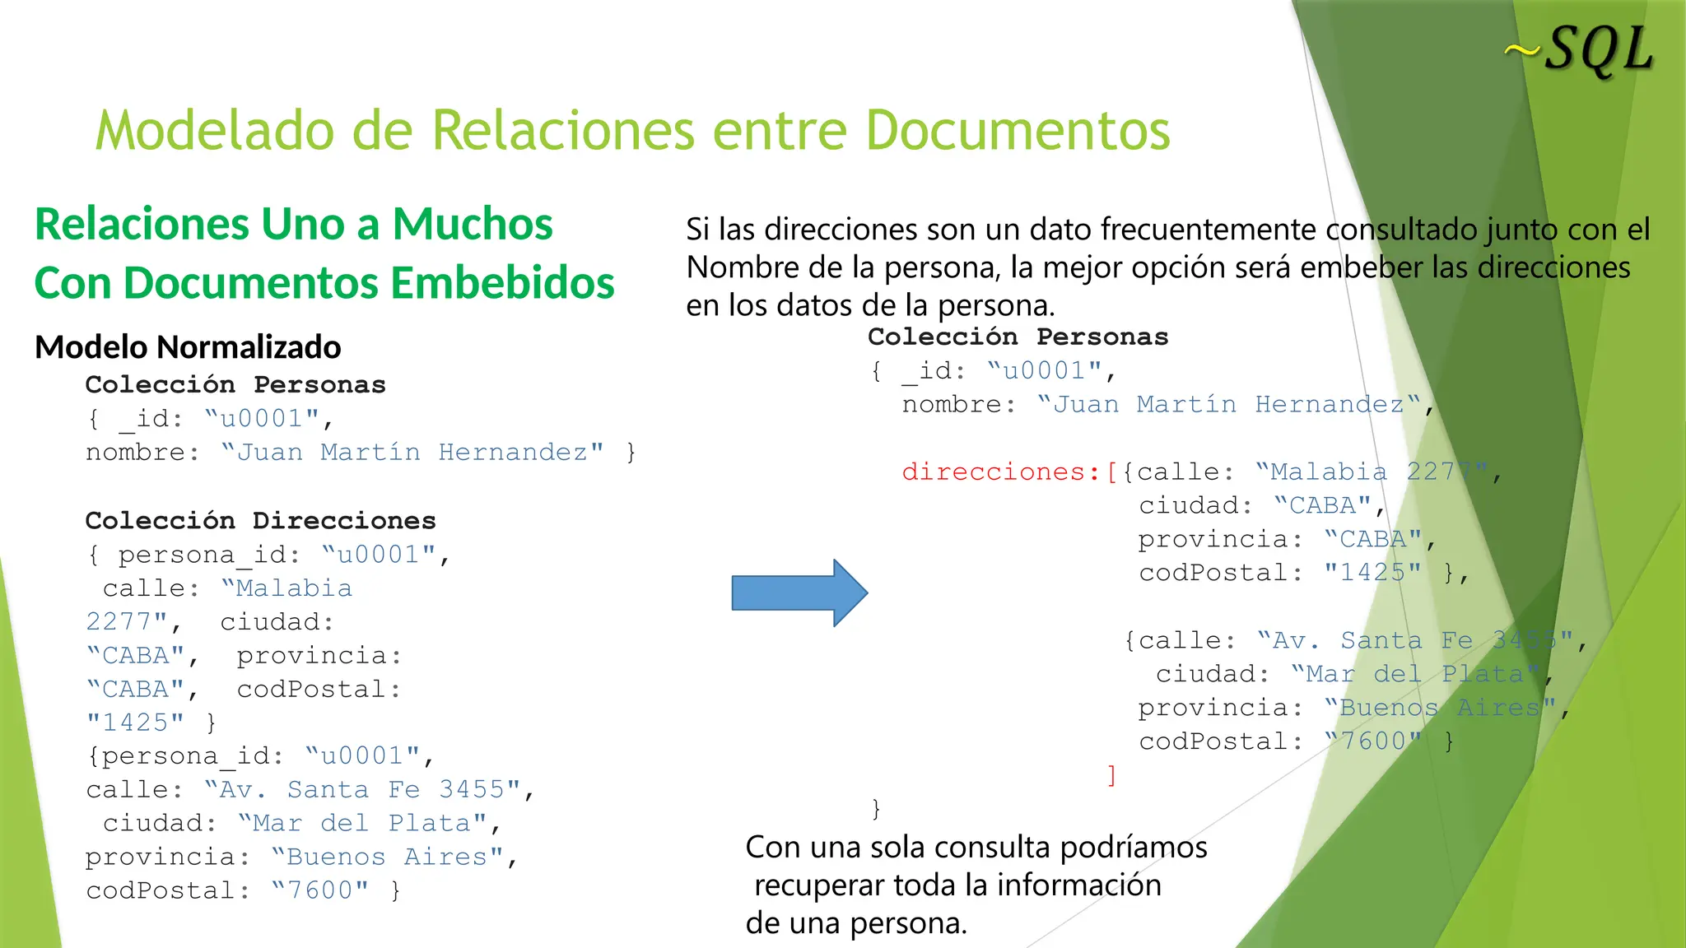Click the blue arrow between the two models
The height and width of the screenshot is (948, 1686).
[x=799, y=592]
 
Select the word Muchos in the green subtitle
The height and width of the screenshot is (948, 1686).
[x=473, y=224]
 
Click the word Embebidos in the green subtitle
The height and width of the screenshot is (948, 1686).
[x=502, y=283]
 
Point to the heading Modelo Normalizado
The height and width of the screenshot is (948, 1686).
[x=188, y=347]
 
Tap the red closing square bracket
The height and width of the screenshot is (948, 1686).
[x=1111, y=774]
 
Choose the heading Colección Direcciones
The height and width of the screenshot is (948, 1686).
[x=260, y=520]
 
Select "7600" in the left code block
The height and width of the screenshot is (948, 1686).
[x=319, y=890]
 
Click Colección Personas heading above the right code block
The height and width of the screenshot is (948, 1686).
[x=1018, y=337]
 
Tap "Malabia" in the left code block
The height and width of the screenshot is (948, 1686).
[x=286, y=588]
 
